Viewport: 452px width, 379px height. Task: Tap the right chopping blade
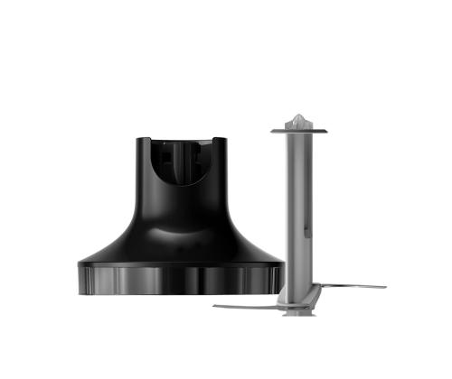tap(353, 288)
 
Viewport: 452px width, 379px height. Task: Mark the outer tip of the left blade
tap(215, 307)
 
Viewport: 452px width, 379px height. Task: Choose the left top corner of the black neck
tap(142, 140)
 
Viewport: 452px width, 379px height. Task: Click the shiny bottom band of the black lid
tap(181, 280)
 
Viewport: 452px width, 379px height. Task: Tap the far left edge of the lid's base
tap(80, 275)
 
